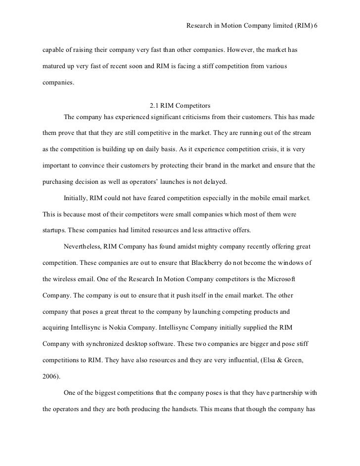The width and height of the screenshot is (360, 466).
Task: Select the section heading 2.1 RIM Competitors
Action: point(180,105)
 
